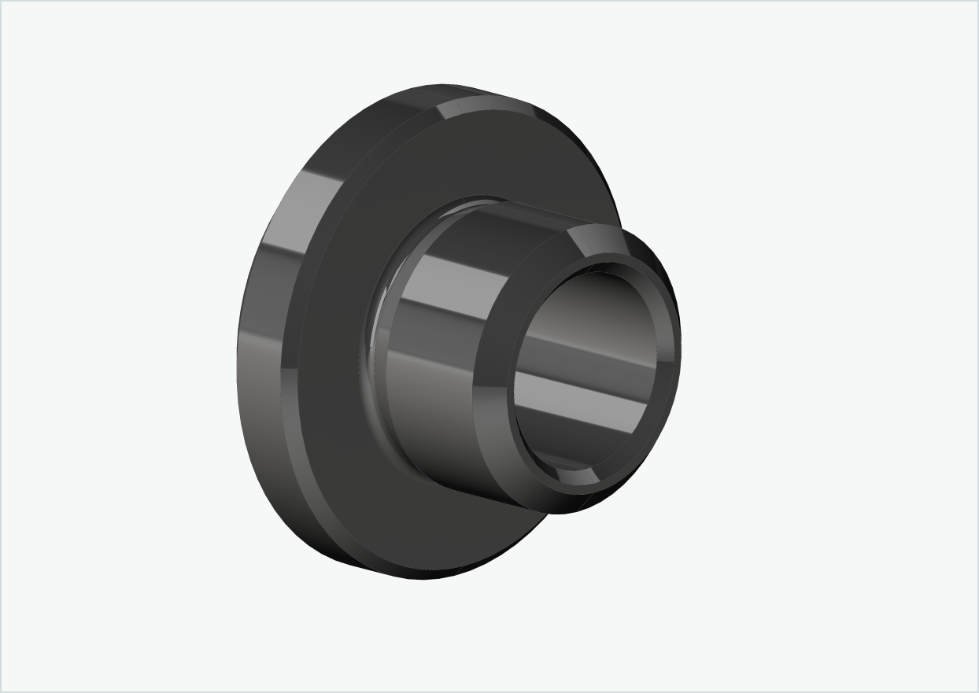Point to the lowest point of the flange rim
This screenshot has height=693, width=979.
pos(417,578)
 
